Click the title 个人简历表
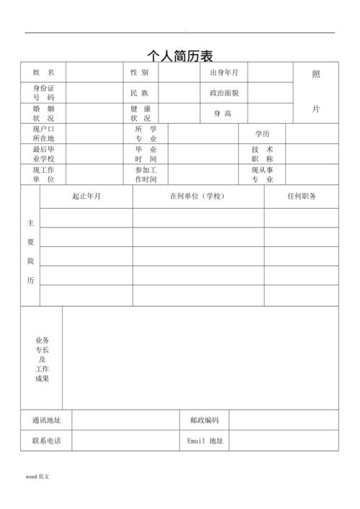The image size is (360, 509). [180, 55]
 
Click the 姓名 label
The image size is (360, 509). [43, 73]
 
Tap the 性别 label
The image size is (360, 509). [140, 73]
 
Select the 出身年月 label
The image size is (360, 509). [224, 73]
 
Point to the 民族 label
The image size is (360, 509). [140, 93]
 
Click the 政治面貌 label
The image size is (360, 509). [224, 93]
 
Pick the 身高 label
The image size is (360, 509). [222, 113]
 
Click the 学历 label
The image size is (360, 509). [262, 134]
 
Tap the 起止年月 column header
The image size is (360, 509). [86, 196]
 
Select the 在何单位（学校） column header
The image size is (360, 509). [198, 196]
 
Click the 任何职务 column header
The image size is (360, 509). [301, 196]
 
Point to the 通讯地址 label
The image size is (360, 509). [46, 420]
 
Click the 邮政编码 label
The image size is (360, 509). [204, 420]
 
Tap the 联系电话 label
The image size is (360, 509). [46, 441]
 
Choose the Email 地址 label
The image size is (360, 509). [205, 441]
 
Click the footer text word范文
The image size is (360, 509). [37, 477]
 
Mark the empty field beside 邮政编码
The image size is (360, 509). [284, 420]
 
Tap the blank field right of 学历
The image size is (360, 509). [312, 134]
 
